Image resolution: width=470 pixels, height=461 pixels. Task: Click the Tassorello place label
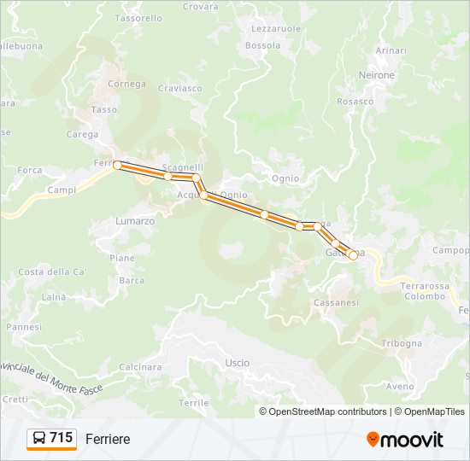coord(138,18)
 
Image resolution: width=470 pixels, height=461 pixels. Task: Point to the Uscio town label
coord(238,363)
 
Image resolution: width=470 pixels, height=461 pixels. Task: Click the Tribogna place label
coord(402,343)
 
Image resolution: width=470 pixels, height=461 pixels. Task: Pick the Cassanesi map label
coord(336,303)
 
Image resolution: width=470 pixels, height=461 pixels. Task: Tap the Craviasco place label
coord(180,88)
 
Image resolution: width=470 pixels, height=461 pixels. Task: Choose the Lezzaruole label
coord(276,28)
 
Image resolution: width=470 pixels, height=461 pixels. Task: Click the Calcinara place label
coord(140,367)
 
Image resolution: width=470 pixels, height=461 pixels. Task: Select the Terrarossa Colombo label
coord(425,291)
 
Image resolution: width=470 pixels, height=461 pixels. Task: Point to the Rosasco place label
coord(355,101)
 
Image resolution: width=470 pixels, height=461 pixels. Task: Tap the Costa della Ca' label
coord(53,271)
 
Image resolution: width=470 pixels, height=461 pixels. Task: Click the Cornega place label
coord(126,84)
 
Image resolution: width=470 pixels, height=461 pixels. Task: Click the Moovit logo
coord(405,439)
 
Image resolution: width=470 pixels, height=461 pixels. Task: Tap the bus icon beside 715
coord(39,439)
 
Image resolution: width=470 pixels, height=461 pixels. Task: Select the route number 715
coord(61,438)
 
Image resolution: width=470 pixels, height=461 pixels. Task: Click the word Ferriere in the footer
coord(108,439)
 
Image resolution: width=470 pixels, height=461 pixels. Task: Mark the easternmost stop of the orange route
coord(353,254)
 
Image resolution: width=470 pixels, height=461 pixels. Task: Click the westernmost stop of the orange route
coord(117,165)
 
